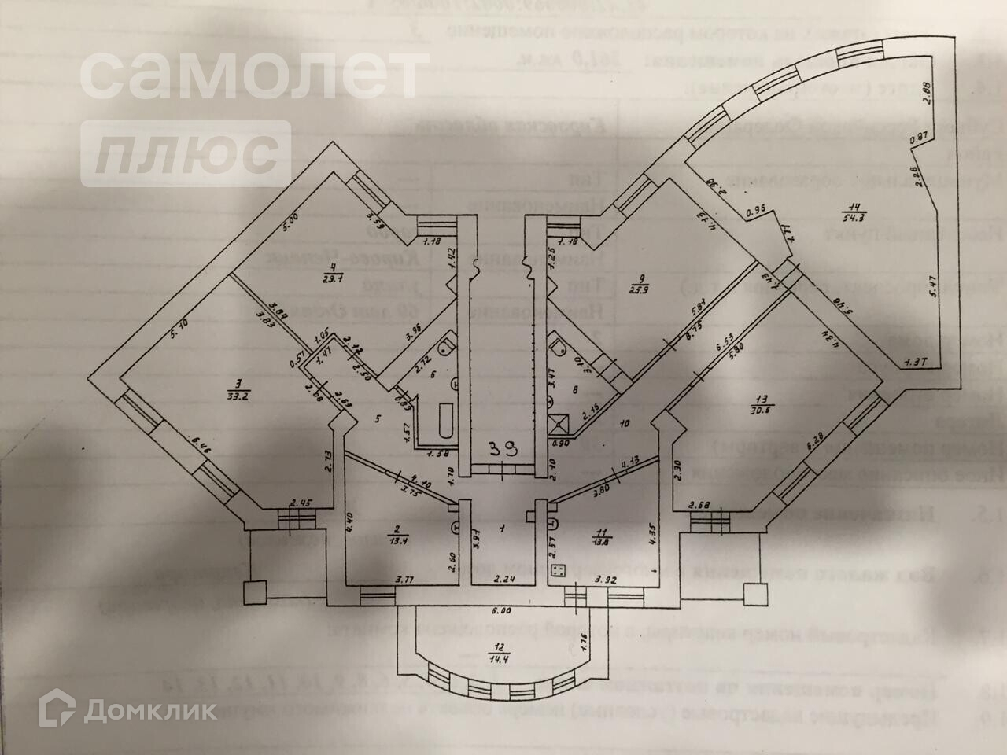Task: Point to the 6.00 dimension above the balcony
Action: click(501, 610)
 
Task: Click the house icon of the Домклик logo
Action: click(61, 710)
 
